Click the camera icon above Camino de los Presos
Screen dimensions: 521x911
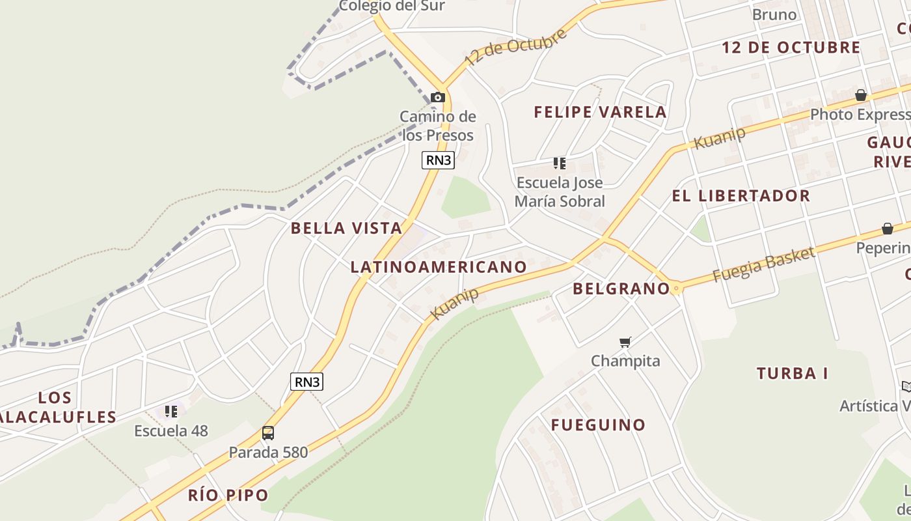point(438,98)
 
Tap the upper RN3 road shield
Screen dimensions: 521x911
point(437,160)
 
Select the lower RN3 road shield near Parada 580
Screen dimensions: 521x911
point(306,382)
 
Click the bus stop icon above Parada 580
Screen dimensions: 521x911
point(267,432)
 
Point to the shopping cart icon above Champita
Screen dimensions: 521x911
point(625,342)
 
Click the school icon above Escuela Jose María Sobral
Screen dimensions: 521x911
point(560,163)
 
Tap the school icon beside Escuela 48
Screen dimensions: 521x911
point(171,411)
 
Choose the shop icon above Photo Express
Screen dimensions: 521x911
point(861,96)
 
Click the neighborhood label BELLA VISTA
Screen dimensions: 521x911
point(346,228)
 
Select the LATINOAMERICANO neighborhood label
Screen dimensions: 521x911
point(439,266)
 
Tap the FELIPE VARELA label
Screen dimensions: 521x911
point(600,112)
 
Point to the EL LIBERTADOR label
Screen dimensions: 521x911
point(741,195)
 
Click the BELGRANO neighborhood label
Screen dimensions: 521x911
point(621,289)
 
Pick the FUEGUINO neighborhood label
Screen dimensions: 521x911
point(598,425)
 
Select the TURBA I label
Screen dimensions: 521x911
point(792,373)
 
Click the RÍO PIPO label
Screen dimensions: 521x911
point(228,495)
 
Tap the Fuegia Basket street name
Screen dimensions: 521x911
point(763,264)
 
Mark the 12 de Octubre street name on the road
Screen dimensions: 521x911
point(515,47)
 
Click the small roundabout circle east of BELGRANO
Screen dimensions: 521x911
point(677,289)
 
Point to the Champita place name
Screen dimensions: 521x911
point(625,361)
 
